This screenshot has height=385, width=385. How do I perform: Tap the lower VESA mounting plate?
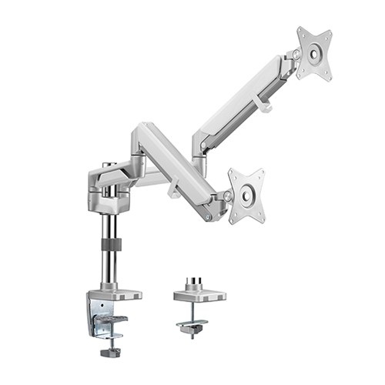tap(246, 195)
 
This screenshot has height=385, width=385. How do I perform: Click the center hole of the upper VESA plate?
tap(314, 54)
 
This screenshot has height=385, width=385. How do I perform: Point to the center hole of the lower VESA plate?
tap(246, 196)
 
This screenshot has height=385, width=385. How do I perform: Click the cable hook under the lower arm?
tap(173, 188)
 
